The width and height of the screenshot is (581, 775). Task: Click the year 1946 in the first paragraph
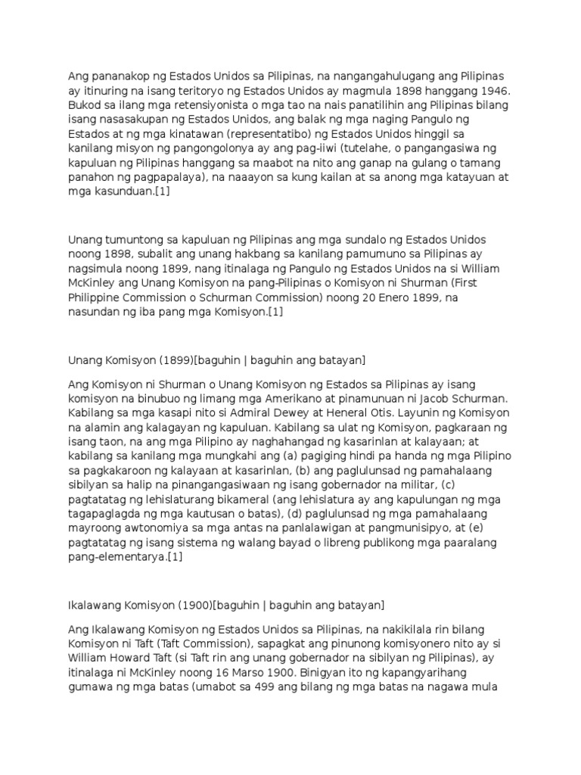[x=498, y=90]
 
